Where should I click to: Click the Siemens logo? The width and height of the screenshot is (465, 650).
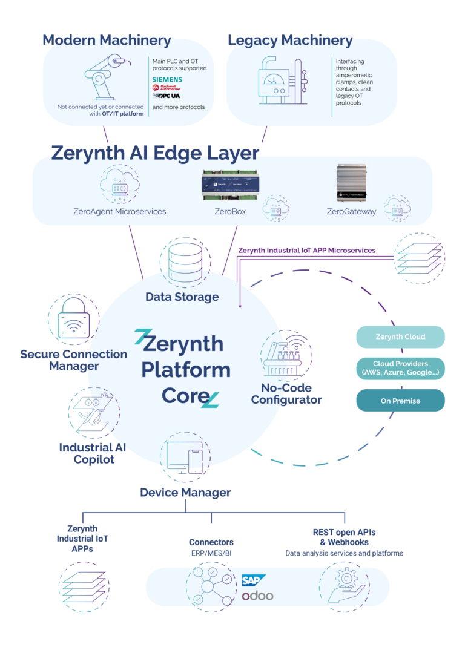click(x=167, y=79)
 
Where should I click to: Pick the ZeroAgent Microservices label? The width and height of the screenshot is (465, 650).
click(x=119, y=212)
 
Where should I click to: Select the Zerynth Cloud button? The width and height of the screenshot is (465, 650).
click(x=400, y=337)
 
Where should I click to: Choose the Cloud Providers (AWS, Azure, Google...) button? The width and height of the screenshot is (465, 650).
click(x=400, y=368)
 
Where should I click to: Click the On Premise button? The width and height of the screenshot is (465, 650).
click(x=400, y=401)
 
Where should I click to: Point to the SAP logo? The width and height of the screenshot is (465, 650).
click(x=254, y=580)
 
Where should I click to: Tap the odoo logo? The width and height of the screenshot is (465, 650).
click(x=257, y=596)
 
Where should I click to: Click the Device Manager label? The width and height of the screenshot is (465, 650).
click(x=185, y=493)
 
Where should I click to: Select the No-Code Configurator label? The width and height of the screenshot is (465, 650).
click(x=286, y=394)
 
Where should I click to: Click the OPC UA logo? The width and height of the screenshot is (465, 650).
click(x=167, y=96)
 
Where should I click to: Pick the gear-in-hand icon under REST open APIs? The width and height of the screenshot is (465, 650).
click(x=344, y=586)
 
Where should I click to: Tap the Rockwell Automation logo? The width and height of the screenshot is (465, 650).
click(x=167, y=88)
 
